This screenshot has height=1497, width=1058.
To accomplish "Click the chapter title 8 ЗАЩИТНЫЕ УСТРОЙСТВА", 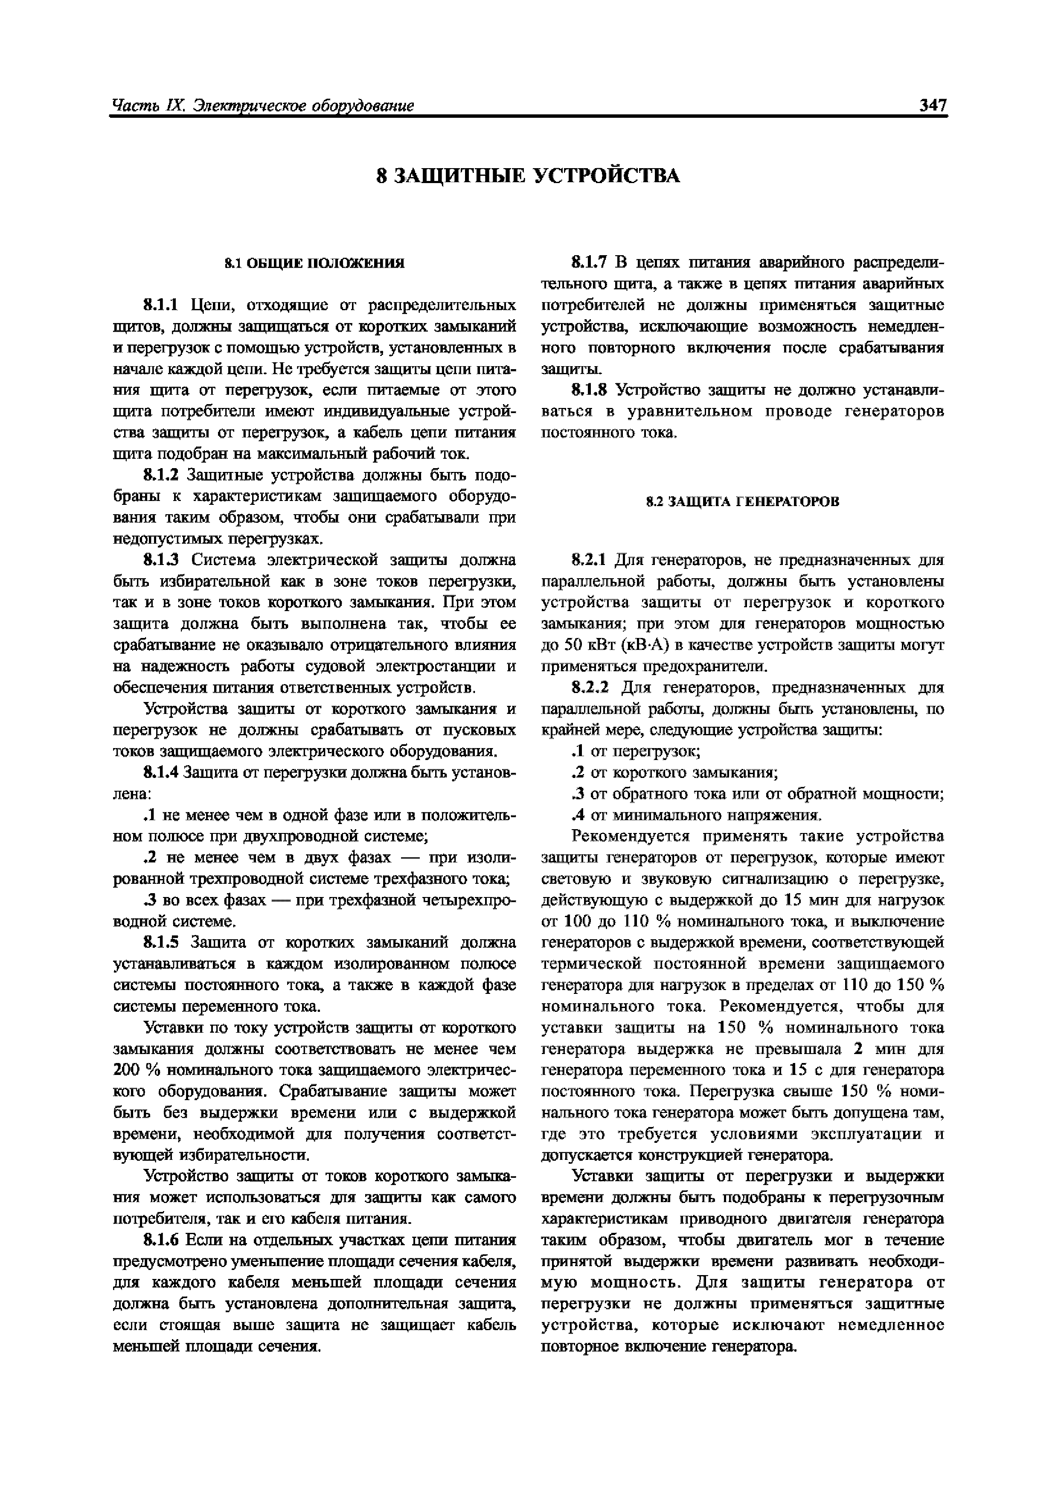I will pos(529,176).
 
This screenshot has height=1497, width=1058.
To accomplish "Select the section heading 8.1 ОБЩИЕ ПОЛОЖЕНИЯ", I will pos(314,263).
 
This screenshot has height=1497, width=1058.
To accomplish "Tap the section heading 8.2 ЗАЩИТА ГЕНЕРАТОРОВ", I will pos(742,501).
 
